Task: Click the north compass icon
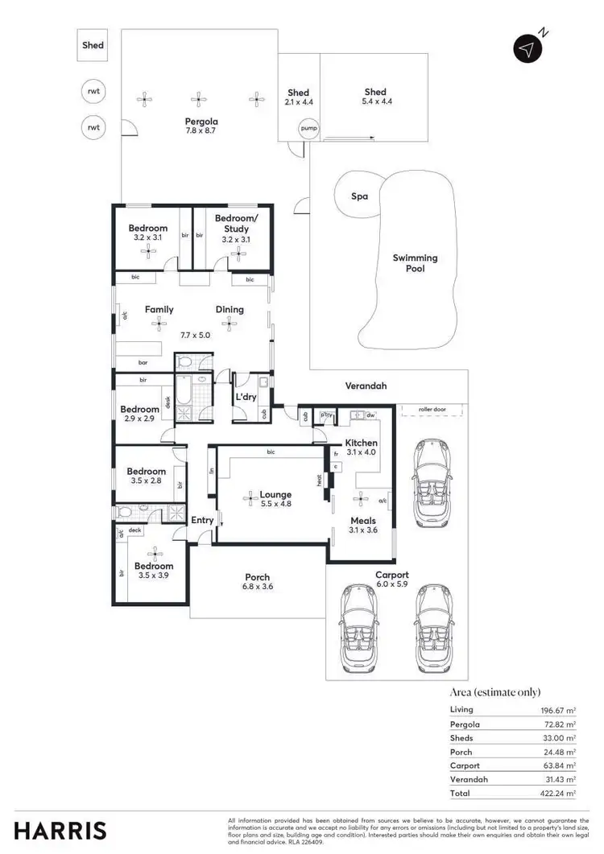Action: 527,48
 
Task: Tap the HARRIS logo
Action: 60,829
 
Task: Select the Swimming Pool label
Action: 415,263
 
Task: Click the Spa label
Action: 359,196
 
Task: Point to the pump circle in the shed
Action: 308,129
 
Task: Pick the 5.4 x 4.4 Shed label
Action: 374,97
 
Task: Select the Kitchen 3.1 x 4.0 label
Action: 361,448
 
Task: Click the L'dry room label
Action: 245,398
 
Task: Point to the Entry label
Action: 202,520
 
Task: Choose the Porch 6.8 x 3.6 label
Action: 257,582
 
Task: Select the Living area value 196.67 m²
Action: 556,710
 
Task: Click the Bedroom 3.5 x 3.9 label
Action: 155,571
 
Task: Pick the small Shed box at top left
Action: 93,46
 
